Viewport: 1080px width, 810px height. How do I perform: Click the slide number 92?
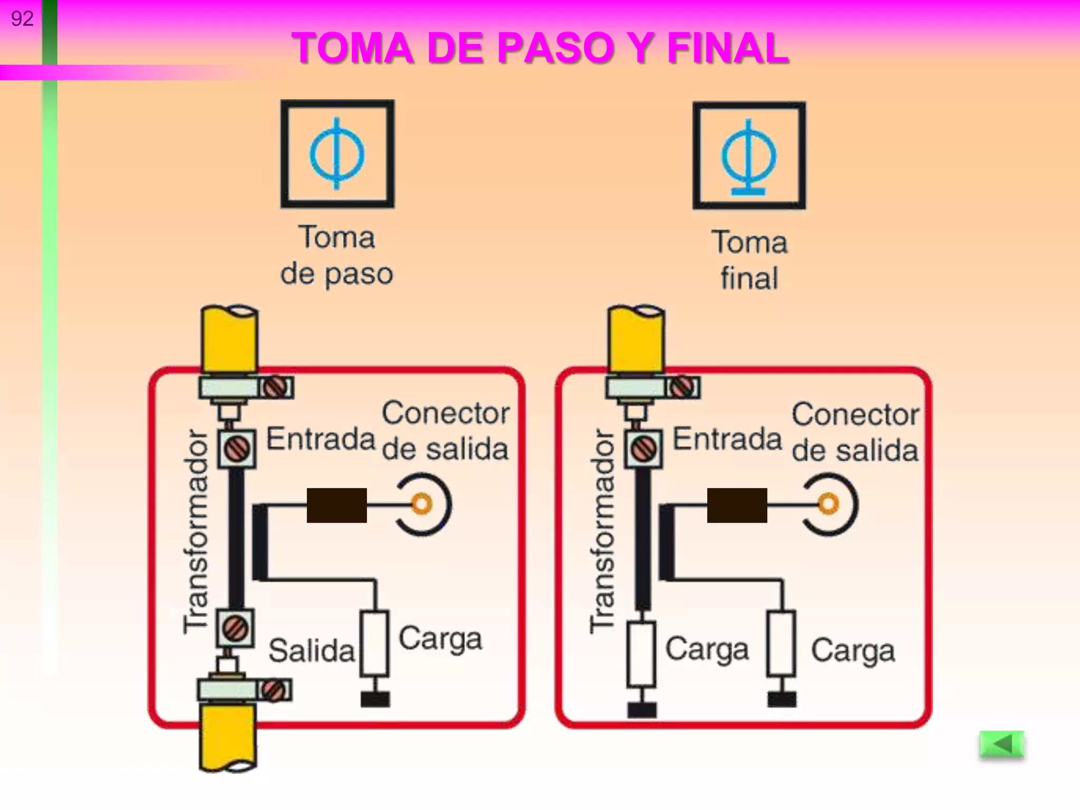22,19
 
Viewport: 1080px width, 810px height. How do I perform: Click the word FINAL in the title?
728,49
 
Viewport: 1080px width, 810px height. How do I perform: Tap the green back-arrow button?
1001,745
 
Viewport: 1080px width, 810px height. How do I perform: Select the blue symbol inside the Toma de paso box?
337,154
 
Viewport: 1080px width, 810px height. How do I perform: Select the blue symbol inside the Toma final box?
749,157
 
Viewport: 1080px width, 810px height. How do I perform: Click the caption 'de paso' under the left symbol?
336,274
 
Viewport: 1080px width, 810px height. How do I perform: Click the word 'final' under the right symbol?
749,278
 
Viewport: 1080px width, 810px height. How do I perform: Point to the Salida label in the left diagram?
311,650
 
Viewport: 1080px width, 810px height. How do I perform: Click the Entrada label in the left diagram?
320,439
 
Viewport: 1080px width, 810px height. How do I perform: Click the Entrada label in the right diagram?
727,439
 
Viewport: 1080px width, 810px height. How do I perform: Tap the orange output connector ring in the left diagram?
421,504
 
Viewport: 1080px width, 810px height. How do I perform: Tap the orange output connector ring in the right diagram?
828,504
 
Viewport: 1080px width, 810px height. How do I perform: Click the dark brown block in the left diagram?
336,505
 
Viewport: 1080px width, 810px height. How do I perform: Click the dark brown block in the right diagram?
737,505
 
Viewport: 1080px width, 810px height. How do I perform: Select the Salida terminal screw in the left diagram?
235,628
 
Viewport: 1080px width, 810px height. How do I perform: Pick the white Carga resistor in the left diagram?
374,643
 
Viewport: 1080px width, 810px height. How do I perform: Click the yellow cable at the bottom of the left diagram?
228,738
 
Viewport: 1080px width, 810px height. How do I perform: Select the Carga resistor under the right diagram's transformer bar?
641,654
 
